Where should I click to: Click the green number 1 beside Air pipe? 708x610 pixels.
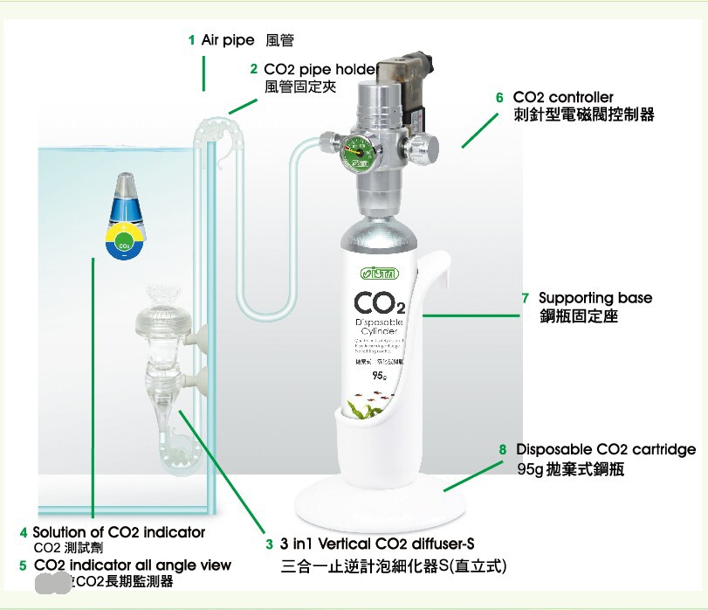pyautogui.click(x=191, y=40)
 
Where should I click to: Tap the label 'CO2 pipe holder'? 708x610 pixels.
pyautogui.click(x=320, y=69)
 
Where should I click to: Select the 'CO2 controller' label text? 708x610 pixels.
pyautogui.click(x=563, y=97)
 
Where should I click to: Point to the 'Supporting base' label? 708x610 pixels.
pyautogui.click(x=595, y=298)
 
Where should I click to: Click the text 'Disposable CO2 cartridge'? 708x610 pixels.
pyautogui.click(x=606, y=449)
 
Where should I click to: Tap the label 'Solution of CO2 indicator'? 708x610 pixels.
pyautogui.click(x=119, y=531)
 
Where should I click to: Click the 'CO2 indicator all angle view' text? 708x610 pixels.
pyautogui.click(x=132, y=565)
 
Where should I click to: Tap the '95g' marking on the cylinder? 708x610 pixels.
pyautogui.click(x=379, y=376)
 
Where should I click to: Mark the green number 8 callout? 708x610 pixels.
pyautogui.click(x=503, y=449)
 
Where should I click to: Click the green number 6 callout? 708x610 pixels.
pyautogui.click(x=499, y=97)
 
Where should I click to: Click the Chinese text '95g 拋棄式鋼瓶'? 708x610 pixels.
pyautogui.click(x=570, y=469)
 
